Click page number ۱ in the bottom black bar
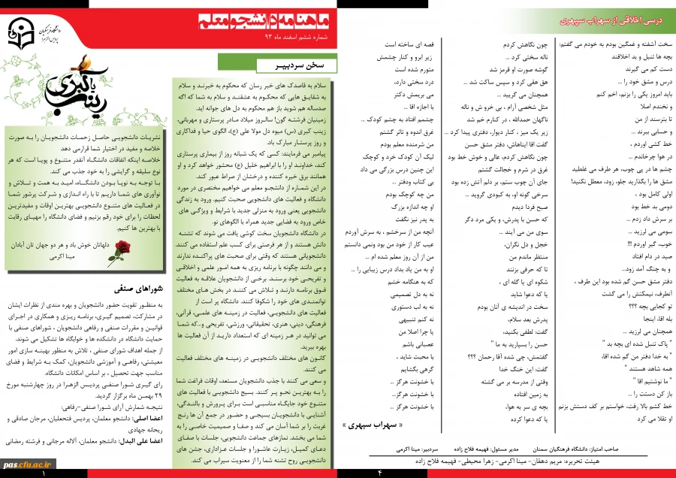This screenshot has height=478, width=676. click(43, 473)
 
